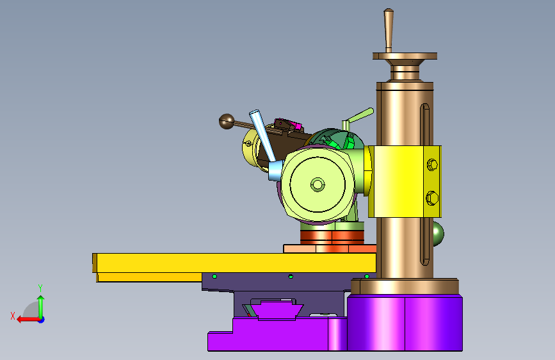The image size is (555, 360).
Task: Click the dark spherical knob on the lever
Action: pyautogui.click(x=227, y=121)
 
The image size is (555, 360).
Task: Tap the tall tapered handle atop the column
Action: pyautogui.click(x=389, y=31)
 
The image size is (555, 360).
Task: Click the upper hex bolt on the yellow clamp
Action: pyautogui.click(x=432, y=165)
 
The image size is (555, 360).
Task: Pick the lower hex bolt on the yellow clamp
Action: pyautogui.click(x=432, y=198)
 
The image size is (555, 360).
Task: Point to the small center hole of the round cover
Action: pyautogui.click(x=317, y=184)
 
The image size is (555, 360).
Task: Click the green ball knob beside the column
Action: pyautogui.click(x=438, y=234)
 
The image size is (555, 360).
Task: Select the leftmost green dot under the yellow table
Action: pyautogui.click(x=214, y=276)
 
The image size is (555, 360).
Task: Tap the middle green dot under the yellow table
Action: pyautogui.click(x=291, y=276)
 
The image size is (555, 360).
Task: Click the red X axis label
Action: pyautogui.click(x=13, y=316)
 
